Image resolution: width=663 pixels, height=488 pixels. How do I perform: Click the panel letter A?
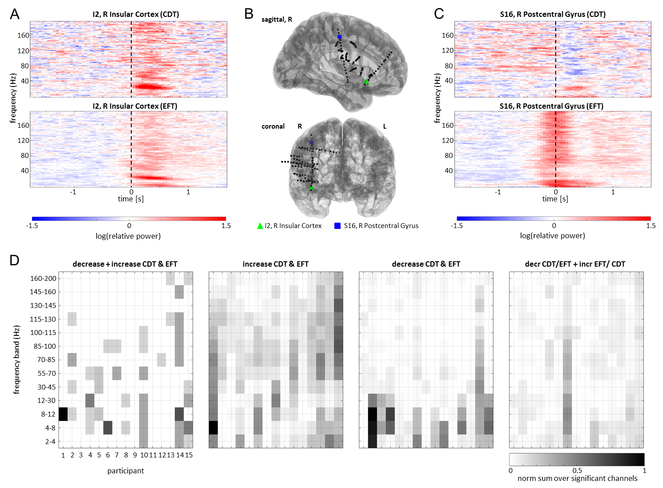[x=15, y=14]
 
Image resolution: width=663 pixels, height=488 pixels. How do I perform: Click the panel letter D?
[x=15, y=260]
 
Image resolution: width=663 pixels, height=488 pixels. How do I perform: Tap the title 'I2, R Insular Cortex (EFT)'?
[x=135, y=106]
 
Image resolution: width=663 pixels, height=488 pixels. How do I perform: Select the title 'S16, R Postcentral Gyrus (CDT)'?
[x=553, y=14]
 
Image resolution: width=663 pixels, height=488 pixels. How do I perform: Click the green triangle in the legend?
[x=260, y=226]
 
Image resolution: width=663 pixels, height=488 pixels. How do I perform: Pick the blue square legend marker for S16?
[x=337, y=226]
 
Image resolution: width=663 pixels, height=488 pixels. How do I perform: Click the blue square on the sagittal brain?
[x=339, y=37]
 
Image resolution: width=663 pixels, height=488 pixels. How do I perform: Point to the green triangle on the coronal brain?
[x=311, y=188]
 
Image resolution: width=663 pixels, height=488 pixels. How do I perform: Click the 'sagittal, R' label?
[x=277, y=20]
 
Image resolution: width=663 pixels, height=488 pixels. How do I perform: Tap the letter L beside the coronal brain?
[x=384, y=126]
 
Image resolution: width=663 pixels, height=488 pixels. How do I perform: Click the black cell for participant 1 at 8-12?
[x=63, y=414]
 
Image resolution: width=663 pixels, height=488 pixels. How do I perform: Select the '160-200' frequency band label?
[x=43, y=279]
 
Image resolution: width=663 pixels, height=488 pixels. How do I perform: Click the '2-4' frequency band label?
[x=50, y=441]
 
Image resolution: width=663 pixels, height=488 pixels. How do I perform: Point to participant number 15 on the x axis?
[x=189, y=455]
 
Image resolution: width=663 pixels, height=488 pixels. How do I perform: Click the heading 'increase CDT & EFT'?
[x=275, y=264]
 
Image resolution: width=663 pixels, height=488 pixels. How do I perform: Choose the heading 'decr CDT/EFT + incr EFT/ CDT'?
[x=575, y=264]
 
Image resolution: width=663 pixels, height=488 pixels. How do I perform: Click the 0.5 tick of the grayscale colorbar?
[x=577, y=470]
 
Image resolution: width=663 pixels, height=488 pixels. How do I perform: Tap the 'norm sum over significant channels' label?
[x=577, y=478]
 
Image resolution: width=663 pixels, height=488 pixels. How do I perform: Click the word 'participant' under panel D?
[x=126, y=471]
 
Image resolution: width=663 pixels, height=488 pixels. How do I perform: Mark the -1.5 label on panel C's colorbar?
[x=457, y=226]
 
